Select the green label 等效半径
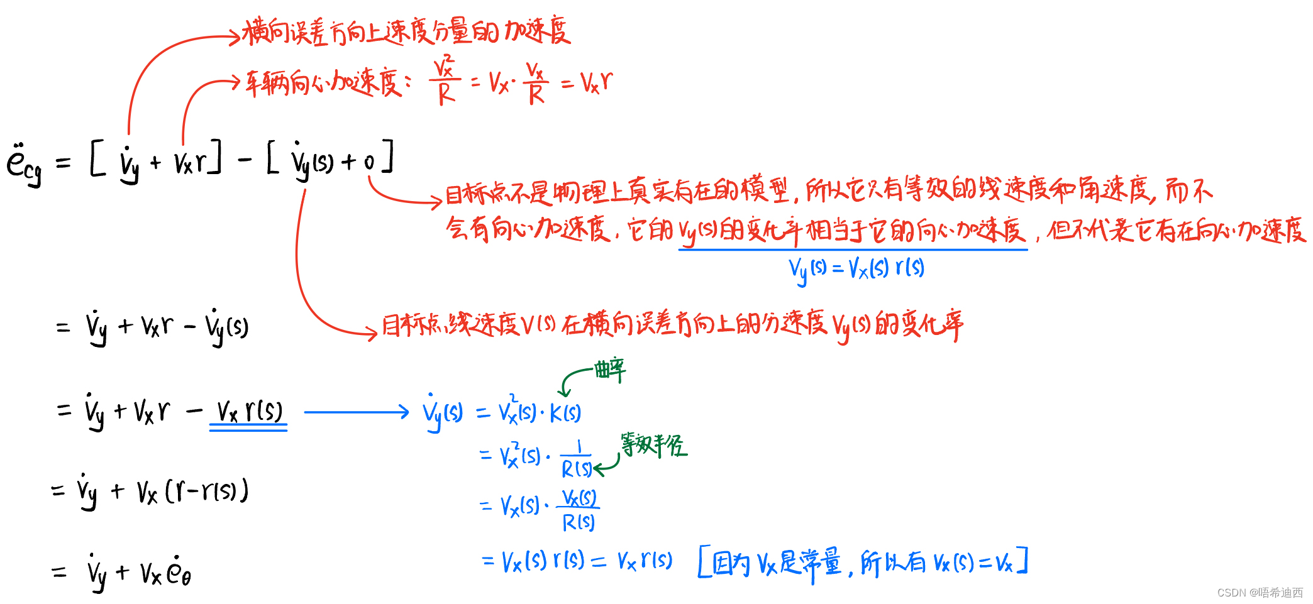pyautogui.click(x=654, y=445)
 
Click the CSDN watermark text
pyautogui.click(x=1260, y=593)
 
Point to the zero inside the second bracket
pyautogui.click(x=369, y=163)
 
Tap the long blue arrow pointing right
pyautogui.click(x=356, y=412)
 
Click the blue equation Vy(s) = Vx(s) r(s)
pyautogui.click(x=856, y=269)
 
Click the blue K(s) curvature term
pyautogui.click(x=565, y=414)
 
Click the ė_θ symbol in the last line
pyautogui.click(x=179, y=572)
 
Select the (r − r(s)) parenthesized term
pyautogui.click(x=207, y=491)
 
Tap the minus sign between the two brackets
pyautogui.click(x=245, y=160)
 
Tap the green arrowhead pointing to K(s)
pyautogui.click(x=565, y=393)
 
